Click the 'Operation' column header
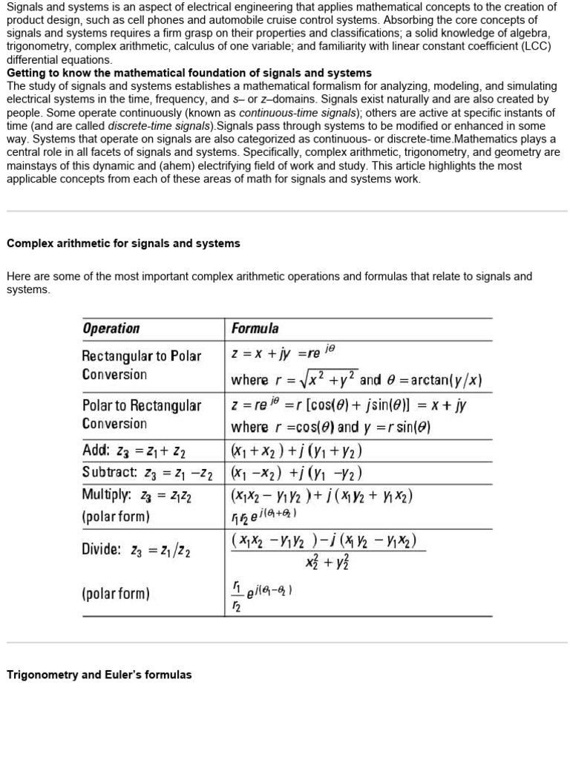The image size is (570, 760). (x=111, y=328)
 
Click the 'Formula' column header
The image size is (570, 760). (x=255, y=328)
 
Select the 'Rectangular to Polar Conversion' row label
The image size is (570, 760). (x=141, y=364)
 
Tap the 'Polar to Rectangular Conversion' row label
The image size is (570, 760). (x=141, y=414)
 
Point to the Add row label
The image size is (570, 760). (x=134, y=451)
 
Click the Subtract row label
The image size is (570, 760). (x=147, y=473)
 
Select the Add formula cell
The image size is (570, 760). (x=296, y=451)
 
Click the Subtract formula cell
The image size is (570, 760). (x=296, y=473)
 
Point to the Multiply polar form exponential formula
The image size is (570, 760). (x=264, y=514)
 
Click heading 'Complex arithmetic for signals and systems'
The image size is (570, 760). (x=123, y=243)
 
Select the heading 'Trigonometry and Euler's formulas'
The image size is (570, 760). (x=99, y=675)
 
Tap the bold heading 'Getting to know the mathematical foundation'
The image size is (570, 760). (x=189, y=73)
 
